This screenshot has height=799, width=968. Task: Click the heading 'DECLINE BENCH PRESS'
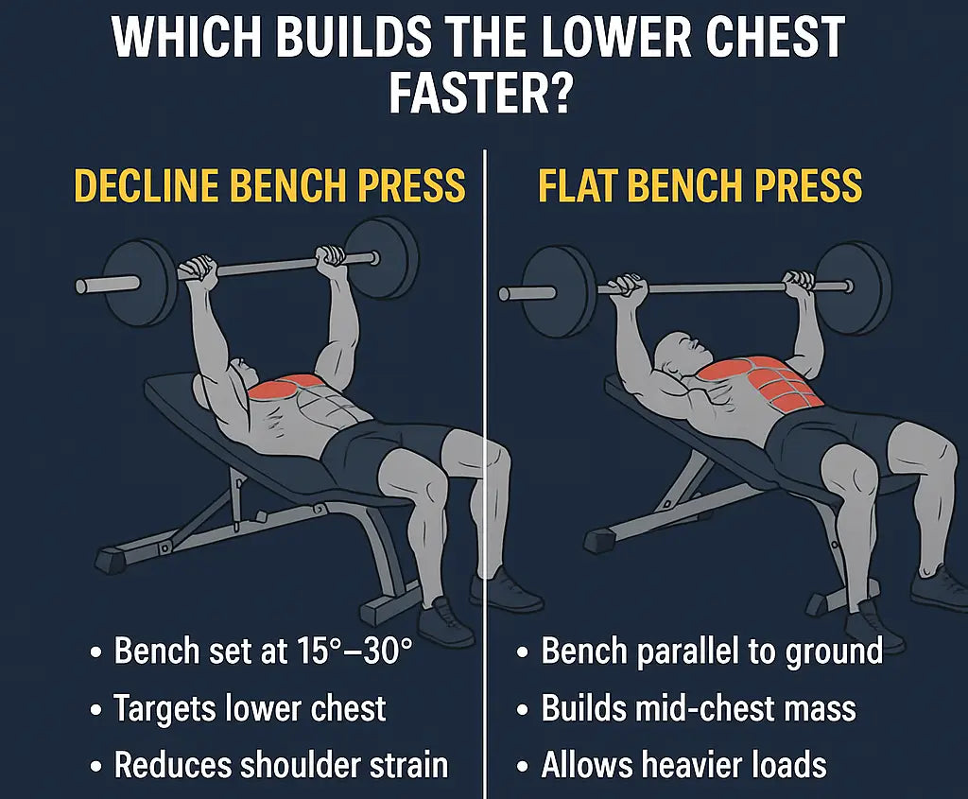pos(269,185)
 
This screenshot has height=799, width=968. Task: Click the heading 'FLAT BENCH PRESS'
pos(700,185)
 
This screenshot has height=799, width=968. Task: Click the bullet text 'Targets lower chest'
pos(250,707)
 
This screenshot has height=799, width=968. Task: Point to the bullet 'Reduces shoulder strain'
pos(281,764)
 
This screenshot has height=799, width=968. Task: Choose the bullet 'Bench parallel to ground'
pos(711,651)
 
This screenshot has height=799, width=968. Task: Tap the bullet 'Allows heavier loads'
pos(683,764)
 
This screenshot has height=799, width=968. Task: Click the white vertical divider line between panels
pos(484,473)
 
